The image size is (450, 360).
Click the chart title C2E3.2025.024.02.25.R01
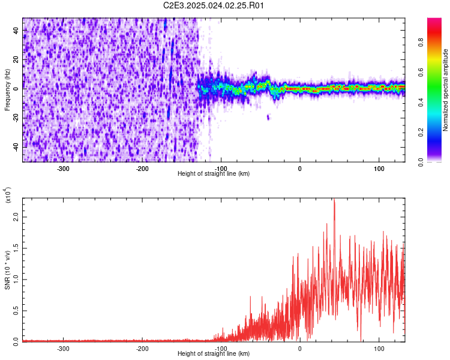214,5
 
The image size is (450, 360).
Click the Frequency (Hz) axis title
7,90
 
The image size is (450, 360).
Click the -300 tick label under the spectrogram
64,169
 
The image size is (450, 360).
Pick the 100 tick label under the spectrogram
379,169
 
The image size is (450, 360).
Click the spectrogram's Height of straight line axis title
214,174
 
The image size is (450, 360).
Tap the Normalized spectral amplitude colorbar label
446,90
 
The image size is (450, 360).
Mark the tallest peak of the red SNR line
334,201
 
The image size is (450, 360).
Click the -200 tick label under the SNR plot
142,349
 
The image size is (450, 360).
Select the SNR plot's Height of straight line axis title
214,354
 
